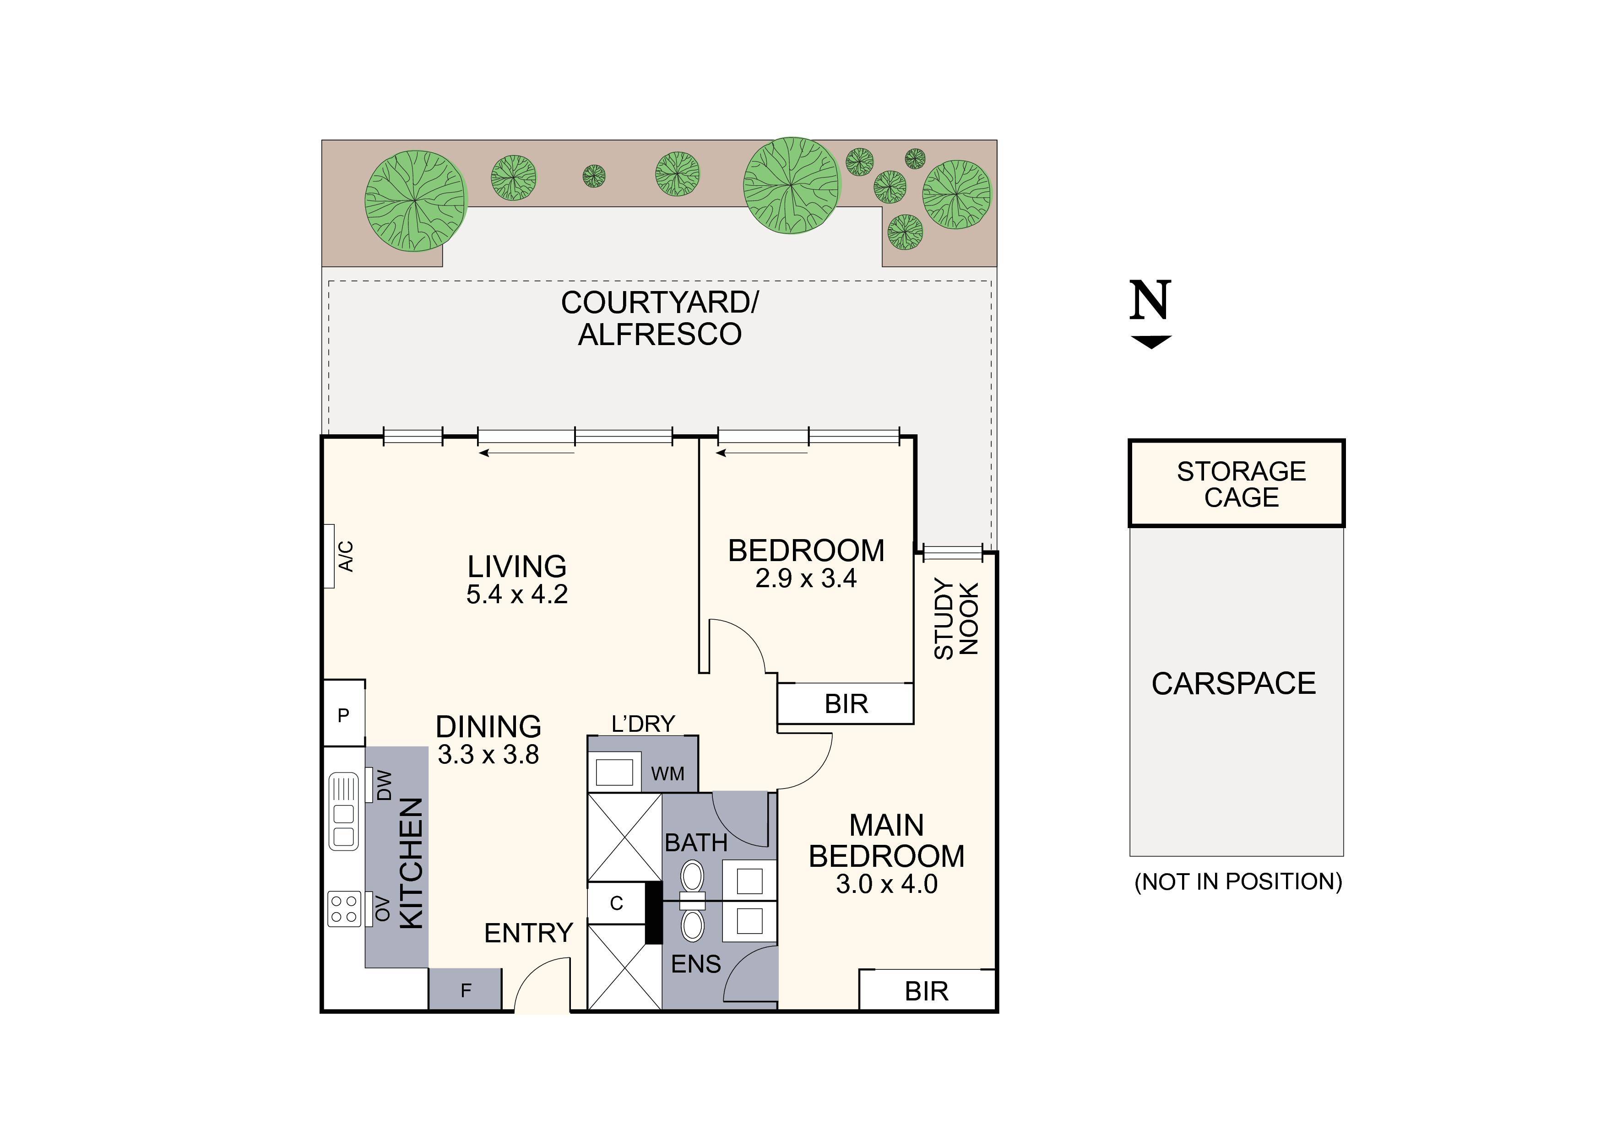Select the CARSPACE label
tap(1234, 684)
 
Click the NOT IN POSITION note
tap(1238, 882)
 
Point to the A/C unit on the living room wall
tap(329, 557)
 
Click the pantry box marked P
tap(343, 715)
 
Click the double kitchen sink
tap(343, 811)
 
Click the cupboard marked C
tap(616, 903)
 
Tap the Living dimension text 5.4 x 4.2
tap(517, 595)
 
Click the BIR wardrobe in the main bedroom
tap(926, 991)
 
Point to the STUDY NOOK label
tap(956, 619)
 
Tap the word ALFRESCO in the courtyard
tap(660, 334)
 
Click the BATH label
tap(696, 843)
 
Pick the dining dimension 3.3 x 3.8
tap(488, 755)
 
